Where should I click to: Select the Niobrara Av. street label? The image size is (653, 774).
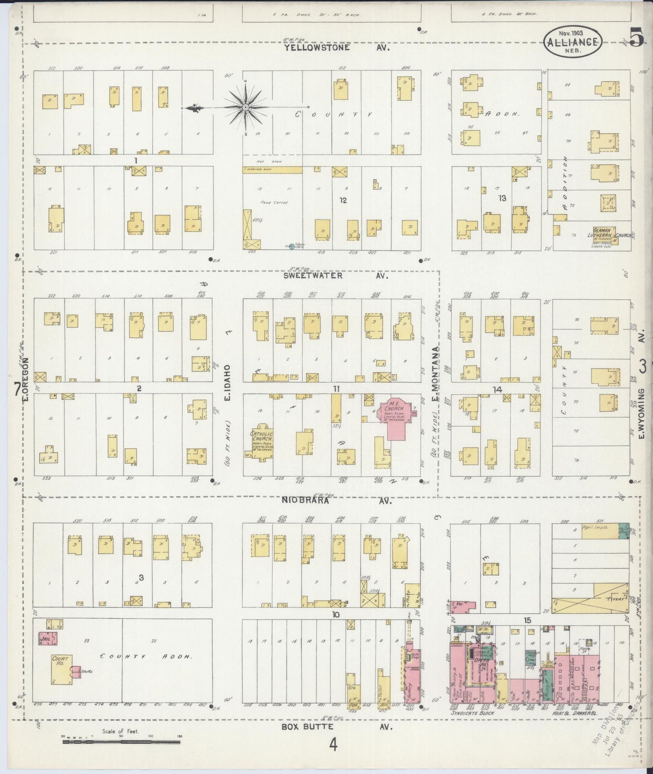337,500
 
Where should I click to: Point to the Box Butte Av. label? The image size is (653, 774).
337,727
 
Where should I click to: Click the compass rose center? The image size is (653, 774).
245,107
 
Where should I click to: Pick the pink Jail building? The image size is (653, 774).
48,639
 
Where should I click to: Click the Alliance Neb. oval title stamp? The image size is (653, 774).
573,42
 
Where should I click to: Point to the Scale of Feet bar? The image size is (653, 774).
121,741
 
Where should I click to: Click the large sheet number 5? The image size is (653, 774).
636,37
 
